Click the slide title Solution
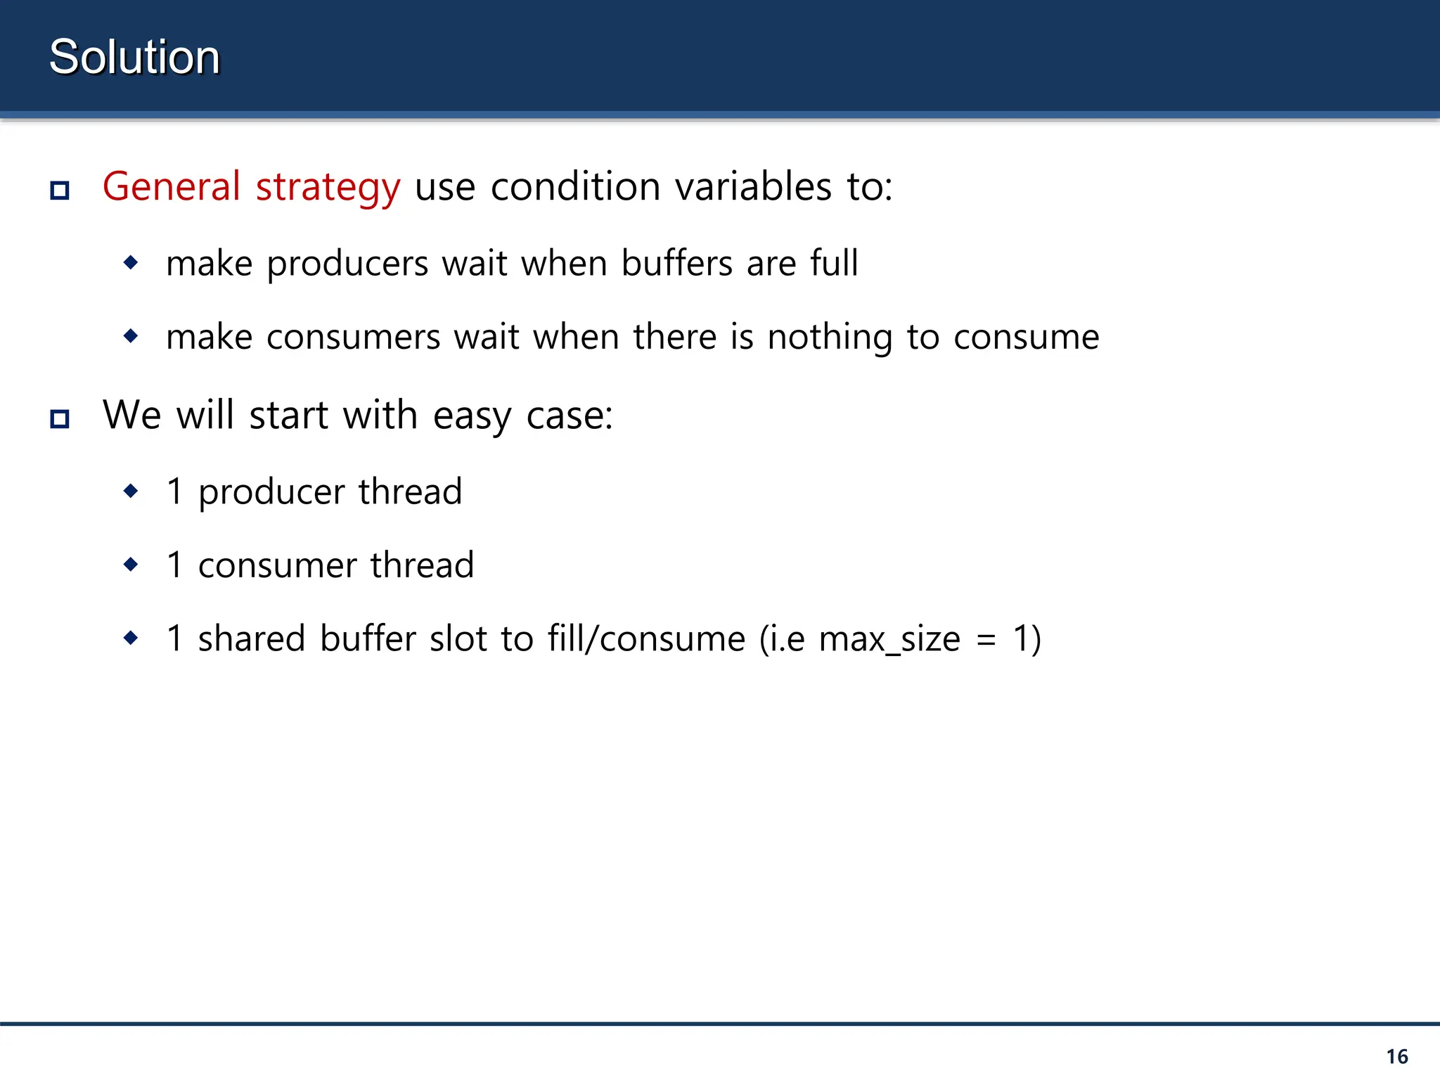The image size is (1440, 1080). (134, 57)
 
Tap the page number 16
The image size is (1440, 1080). (1396, 1056)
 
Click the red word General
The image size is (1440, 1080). (172, 187)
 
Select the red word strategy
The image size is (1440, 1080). (328, 188)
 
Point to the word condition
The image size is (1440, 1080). (575, 187)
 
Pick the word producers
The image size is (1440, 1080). (347, 264)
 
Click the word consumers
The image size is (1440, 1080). (353, 337)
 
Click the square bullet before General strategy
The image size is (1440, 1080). (60, 190)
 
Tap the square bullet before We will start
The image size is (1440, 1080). (60, 418)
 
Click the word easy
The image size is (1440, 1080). (472, 416)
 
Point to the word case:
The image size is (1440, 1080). (570, 416)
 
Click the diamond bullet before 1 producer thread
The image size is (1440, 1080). (131, 491)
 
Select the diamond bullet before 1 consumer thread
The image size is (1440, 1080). (131, 564)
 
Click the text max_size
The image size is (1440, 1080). (889, 640)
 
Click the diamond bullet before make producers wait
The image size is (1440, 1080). (131, 263)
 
